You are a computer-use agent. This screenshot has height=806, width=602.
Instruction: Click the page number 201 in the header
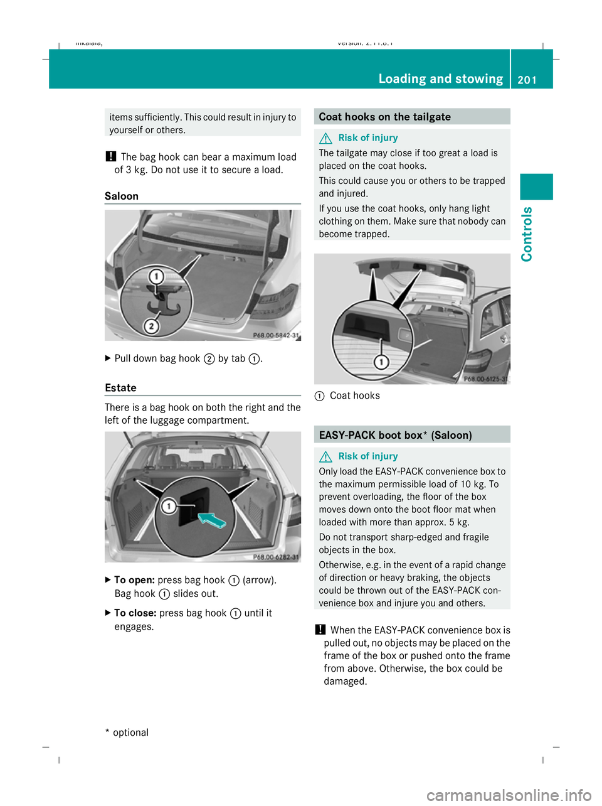click(x=527, y=79)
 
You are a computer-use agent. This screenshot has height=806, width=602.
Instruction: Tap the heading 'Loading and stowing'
click(x=440, y=78)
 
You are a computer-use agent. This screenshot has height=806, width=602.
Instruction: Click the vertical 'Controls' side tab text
click(x=527, y=234)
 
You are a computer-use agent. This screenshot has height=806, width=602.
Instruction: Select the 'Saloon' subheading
click(x=122, y=196)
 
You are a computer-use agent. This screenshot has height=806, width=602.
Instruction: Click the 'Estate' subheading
click(x=120, y=388)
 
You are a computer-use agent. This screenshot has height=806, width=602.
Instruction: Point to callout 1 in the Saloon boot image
click(x=156, y=277)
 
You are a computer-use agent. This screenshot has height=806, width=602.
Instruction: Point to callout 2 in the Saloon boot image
click(x=151, y=326)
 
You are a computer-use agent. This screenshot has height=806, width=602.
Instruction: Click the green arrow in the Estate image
click(x=211, y=520)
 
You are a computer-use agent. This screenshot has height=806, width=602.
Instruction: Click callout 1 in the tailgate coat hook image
click(x=381, y=362)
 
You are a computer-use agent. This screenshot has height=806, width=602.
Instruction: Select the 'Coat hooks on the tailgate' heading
click(x=384, y=117)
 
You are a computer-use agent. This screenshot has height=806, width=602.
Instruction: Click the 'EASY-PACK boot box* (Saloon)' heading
click(x=395, y=435)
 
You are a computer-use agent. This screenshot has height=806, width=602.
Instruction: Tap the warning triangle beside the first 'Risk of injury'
click(x=325, y=138)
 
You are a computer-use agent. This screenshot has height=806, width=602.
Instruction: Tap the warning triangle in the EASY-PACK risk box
click(x=325, y=456)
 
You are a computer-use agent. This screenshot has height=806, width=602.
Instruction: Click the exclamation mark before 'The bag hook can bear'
click(x=110, y=157)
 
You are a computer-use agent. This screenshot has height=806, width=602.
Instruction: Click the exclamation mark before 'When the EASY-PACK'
click(x=320, y=630)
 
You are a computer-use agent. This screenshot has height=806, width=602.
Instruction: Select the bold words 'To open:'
click(x=134, y=580)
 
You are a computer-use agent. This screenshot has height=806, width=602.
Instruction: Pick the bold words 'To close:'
click(x=135, y=613)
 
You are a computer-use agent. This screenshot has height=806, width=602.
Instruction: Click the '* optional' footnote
click(x=127, y=733)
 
